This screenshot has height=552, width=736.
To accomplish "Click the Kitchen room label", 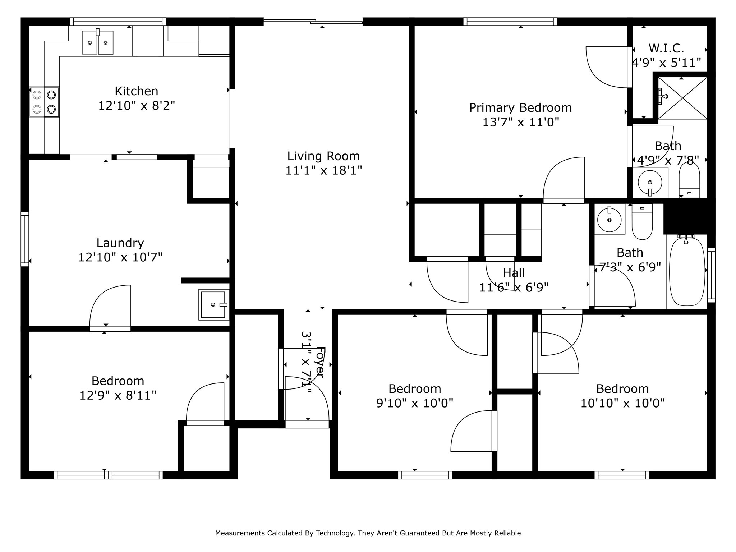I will (x=136, y=91).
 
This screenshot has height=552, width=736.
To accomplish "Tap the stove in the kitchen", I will (x=44, y=102).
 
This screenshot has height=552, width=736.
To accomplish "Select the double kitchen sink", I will (x=98, y=42).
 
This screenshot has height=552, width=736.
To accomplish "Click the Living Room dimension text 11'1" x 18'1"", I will (x=323, y=170).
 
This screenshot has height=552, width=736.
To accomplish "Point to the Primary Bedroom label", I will (x=520, y=107).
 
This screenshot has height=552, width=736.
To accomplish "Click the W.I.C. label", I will (x=666, y=48).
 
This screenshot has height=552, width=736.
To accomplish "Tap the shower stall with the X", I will (x=682, y=98).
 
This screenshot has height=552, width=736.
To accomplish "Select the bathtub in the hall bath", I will (x=687, y=272).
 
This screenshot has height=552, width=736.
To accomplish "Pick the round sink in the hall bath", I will (x=609, y=219).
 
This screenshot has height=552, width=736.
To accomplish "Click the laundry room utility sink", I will (x=213, y=304).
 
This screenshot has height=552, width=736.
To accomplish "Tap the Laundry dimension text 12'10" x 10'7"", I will (x=120, y=257).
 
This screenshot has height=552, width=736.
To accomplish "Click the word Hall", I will (x=514, y=273).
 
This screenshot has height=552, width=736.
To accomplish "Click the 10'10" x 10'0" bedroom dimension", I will (x=622, y=403).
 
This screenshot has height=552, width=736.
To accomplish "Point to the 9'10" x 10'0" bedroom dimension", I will (x=414, y=403).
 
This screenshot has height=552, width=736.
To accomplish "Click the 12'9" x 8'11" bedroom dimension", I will (x=118, y=395).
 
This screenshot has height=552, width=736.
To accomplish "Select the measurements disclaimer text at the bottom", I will (x=368, y=533).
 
